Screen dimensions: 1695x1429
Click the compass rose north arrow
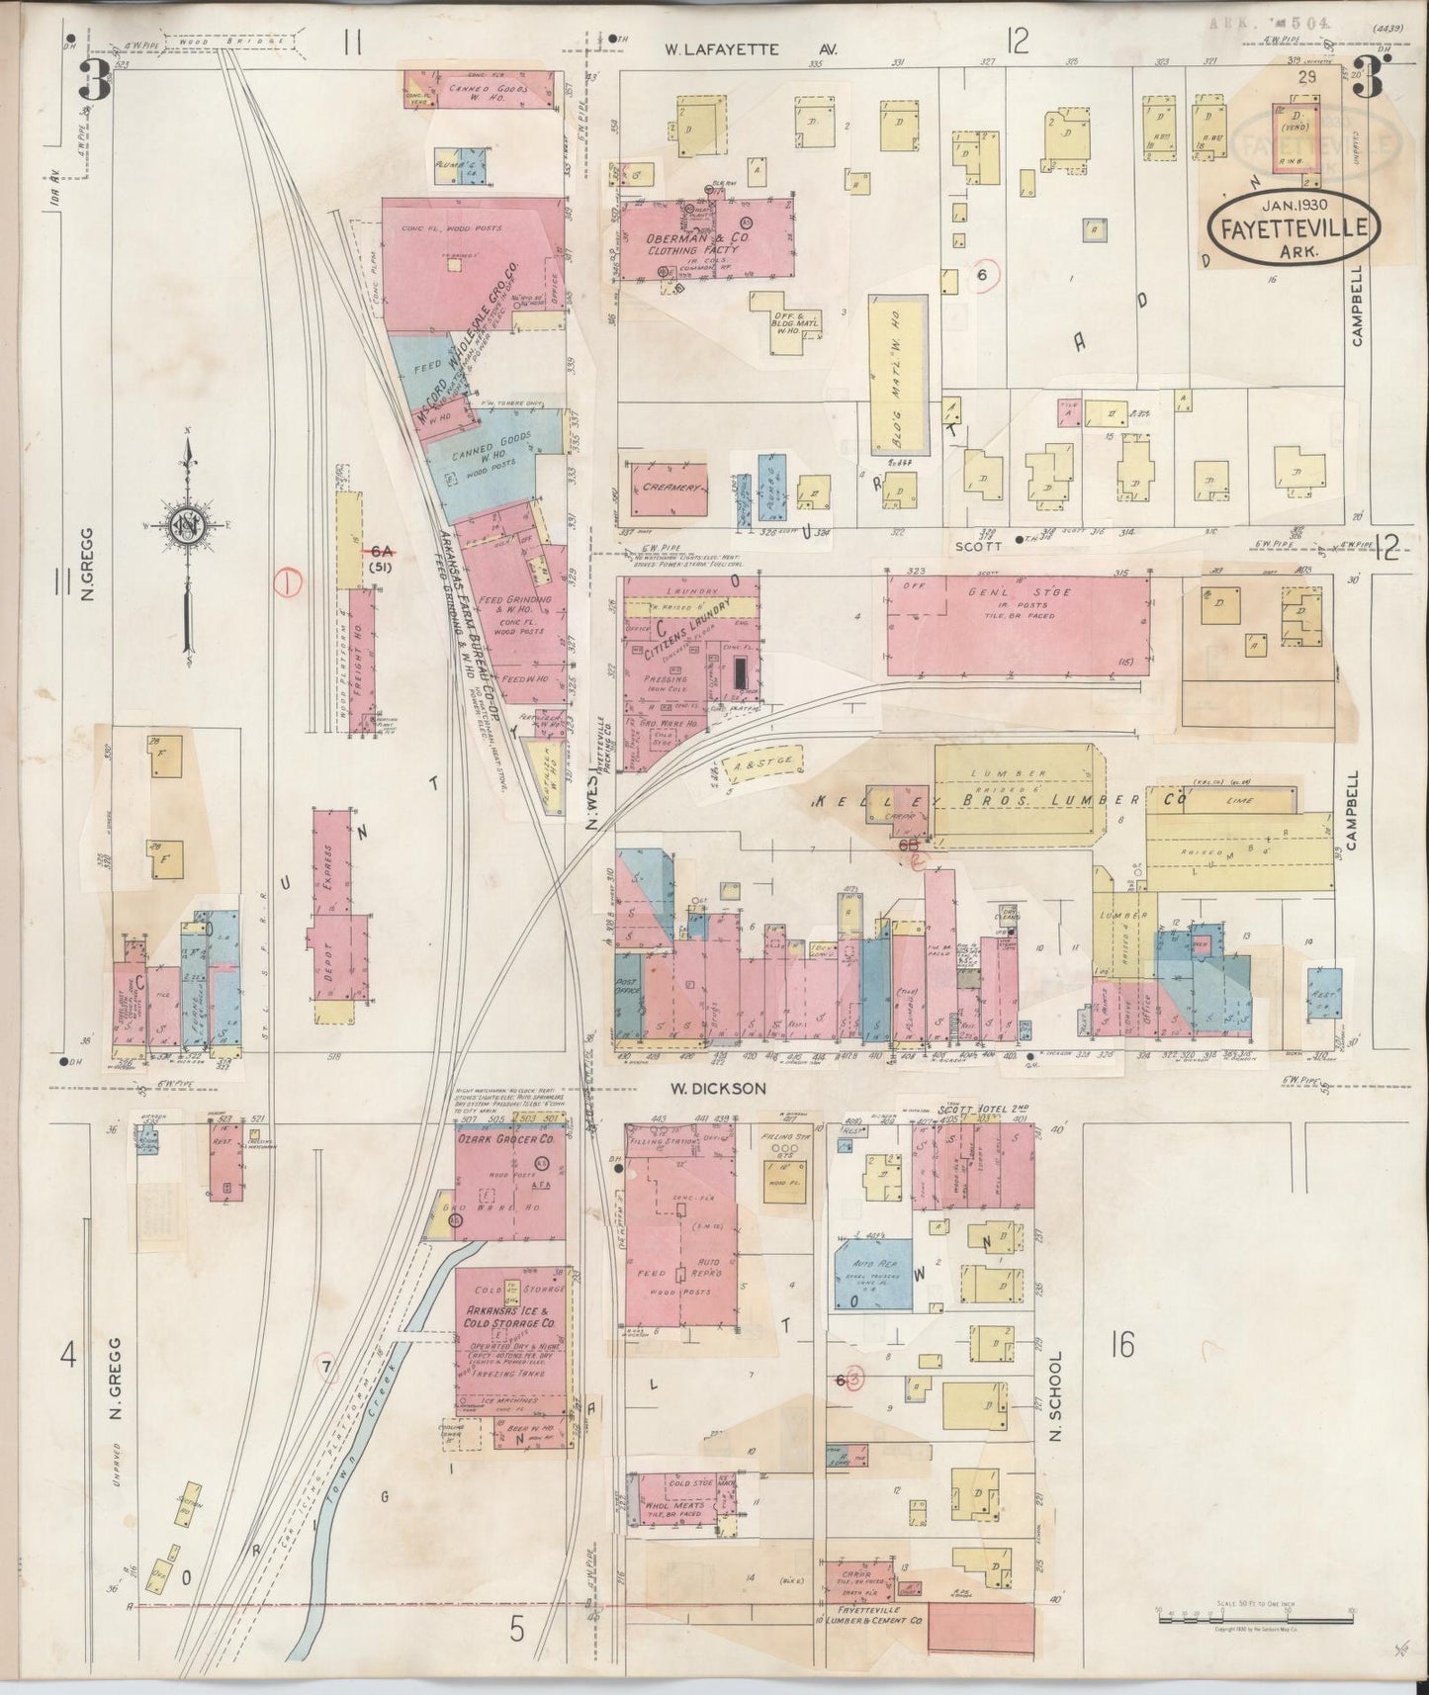point(187,527)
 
